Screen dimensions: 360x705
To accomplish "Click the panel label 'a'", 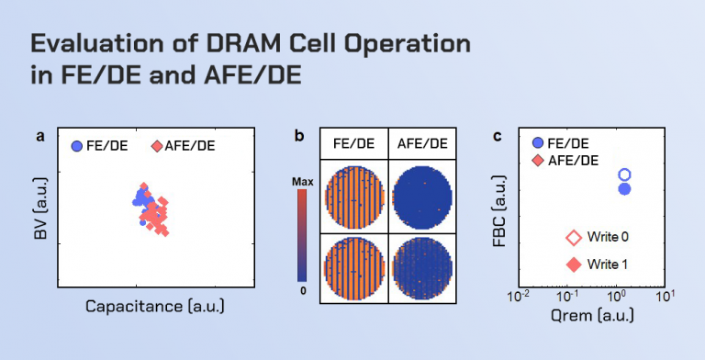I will [40, 136].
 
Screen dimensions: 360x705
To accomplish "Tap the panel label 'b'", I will [299, 136].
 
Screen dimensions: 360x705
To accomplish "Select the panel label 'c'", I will [498, 136].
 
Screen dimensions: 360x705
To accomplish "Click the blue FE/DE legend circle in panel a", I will [77, 146].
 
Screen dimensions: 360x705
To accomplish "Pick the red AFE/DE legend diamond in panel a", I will [157, 146].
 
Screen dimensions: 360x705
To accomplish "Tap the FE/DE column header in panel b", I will [352, 144].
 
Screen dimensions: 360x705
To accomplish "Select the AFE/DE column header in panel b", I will [421, 144].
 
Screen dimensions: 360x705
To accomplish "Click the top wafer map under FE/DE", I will [352, 197].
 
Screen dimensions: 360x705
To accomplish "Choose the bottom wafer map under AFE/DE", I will [421, 265].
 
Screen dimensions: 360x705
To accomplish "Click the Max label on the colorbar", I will [303, 182].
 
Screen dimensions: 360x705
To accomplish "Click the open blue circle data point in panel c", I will [624, 174].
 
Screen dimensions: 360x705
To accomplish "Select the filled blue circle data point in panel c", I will [624, 189].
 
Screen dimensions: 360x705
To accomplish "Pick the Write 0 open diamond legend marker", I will [574, 238].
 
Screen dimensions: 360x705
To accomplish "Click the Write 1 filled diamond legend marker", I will [574, 264].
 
